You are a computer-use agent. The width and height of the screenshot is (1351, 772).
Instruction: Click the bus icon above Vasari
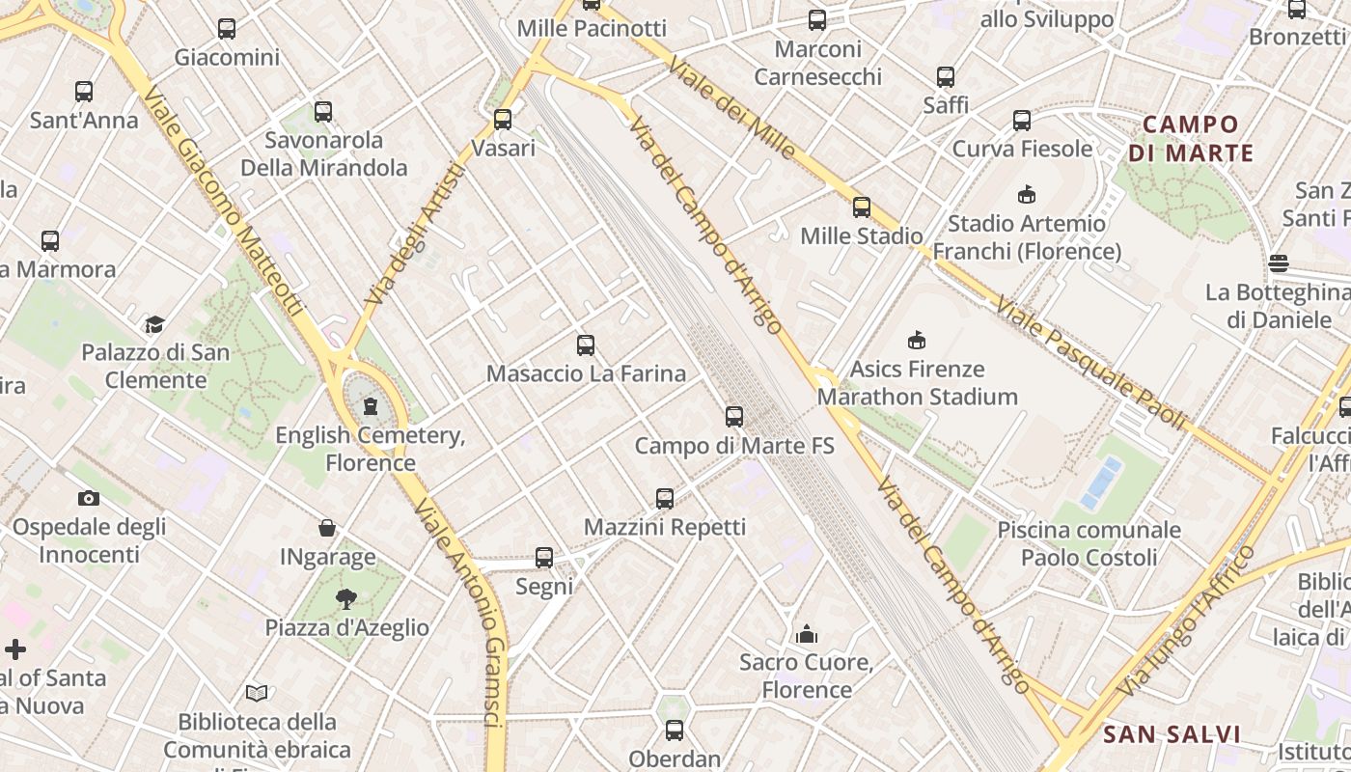point(503,120)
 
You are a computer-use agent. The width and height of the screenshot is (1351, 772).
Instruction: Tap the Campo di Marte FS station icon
point(734,417)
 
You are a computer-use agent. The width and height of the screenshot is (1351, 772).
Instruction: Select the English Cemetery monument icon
point(371,406)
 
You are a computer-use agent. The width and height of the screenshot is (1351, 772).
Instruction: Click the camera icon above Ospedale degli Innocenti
point(89,498)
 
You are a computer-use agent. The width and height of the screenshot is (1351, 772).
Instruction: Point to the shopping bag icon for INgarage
point(328,528)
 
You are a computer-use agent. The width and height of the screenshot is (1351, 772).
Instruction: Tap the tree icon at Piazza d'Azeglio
point(346,599)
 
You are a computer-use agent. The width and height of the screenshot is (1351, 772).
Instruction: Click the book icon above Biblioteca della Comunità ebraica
point(257,693)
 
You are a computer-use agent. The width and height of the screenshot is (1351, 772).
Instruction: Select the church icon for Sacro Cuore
point(807,634)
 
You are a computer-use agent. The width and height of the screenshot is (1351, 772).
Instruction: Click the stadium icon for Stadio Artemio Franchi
point(1026,195)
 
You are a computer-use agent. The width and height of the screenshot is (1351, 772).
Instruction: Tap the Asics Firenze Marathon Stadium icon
point(917,340)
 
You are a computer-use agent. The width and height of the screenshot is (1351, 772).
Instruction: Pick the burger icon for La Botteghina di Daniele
point(1279,263)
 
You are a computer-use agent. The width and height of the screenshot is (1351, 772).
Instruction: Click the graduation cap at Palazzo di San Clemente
point(154,324)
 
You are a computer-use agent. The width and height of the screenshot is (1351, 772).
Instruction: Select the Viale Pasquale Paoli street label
point(1090,362)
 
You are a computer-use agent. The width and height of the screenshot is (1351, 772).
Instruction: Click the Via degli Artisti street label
point(416,235)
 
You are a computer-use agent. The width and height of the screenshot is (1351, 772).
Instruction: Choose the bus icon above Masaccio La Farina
point(586,345)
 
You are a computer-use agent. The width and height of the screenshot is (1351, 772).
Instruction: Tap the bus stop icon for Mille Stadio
point(862,207)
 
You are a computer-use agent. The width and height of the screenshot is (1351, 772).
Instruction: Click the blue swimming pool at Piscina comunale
point(1101,483)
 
